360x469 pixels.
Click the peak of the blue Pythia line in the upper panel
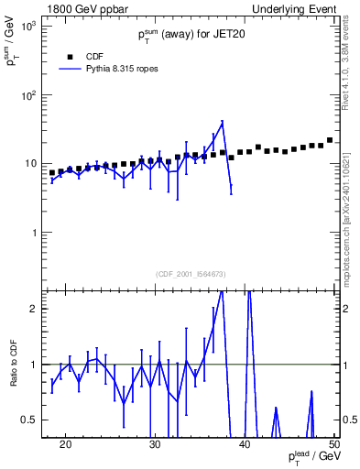point(222,122)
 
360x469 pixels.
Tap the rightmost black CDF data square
point(330,140)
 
